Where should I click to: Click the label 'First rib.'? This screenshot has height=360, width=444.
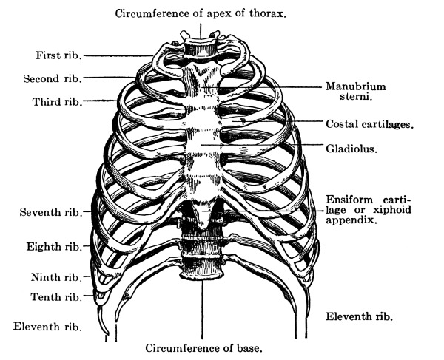coord(58,55)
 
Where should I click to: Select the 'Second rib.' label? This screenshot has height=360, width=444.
coord(52,78)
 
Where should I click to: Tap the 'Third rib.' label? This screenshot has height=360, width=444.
coord(55,100)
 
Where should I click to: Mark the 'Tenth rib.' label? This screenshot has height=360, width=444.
coord(55,297)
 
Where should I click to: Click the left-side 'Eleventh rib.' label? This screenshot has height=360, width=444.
coord(47,325)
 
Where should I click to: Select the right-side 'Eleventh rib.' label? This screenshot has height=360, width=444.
coord(360,316)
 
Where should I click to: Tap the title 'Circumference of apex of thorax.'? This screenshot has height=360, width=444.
coord(201,13)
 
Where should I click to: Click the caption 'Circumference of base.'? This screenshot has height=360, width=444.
coord(204,347)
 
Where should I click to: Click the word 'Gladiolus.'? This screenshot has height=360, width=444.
coord(352,149)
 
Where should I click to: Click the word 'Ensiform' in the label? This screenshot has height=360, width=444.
coord(353,200)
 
